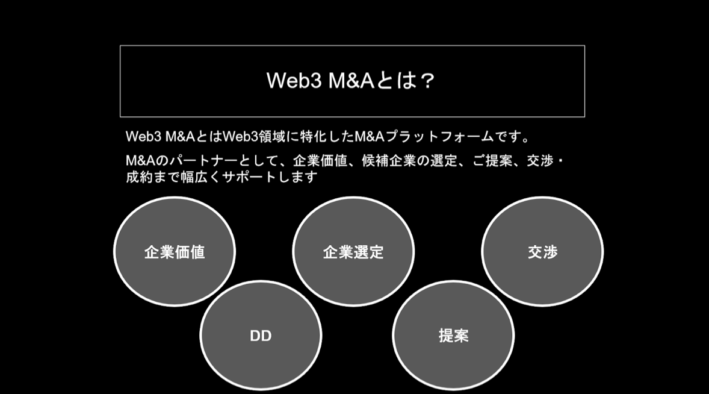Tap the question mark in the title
click(x=426, y=81)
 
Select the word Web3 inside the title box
click(x=294, y=81)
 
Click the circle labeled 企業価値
click(x=175, y=252)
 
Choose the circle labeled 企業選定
click(x=353, y=252)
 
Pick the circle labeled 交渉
click(x=542, y=252)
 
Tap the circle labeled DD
click(x=261, y=336)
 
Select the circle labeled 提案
click(x=453, y=336)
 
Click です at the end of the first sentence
click(x=507, y=137)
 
